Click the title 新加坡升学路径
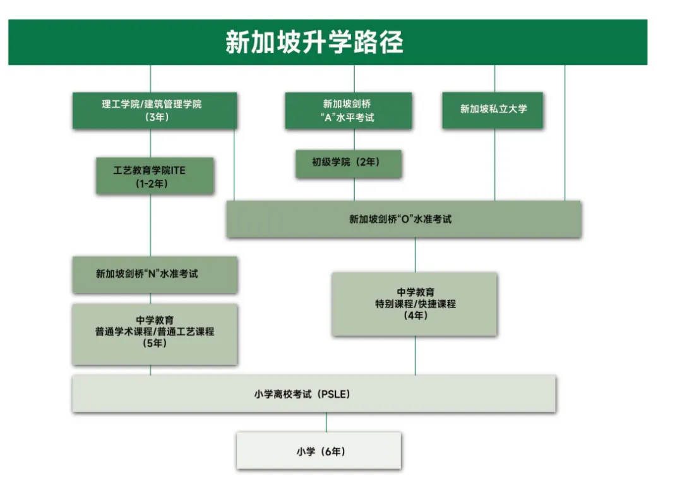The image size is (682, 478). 314,42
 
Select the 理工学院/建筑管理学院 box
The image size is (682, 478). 154,111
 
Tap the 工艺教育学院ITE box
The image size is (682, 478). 154,176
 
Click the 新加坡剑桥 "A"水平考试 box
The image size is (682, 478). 348,111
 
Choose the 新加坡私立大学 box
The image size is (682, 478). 493,110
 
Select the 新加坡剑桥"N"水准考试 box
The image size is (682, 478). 154,275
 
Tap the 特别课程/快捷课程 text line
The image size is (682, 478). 415,304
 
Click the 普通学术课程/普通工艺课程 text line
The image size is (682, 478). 154,332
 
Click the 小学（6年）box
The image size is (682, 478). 319,451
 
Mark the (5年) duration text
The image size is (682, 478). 154,344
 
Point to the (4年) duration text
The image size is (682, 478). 415,316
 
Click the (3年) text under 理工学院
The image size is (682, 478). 154,117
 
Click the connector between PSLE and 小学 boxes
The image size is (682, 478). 326,422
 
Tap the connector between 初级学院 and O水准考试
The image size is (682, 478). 354,189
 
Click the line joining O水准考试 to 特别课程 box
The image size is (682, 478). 415,255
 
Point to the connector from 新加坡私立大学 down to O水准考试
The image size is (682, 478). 494,165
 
